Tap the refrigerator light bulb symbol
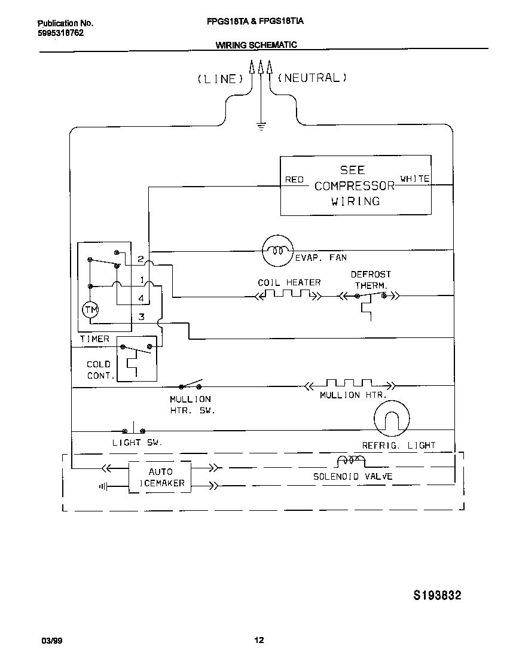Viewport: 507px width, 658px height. point(392,419)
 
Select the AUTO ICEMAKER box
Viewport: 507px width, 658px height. point(160,477)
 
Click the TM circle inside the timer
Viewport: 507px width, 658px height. point(91,309)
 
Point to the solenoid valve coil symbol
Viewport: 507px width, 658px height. point(351,461)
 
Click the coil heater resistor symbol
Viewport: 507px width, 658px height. point(288,294)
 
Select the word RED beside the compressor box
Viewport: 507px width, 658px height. point(294,179)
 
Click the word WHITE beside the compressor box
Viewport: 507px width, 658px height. point(414,179)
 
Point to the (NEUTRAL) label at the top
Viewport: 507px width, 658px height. point(312,78)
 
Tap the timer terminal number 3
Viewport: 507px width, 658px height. point(142,317)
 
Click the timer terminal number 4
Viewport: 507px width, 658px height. point(141,297)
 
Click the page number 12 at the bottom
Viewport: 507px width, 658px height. point(259,641)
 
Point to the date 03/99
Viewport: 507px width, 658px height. point(52,641)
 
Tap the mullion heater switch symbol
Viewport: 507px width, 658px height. point(191,385)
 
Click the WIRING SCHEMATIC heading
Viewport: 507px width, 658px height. point(256,45)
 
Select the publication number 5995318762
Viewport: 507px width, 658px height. point(60,33)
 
